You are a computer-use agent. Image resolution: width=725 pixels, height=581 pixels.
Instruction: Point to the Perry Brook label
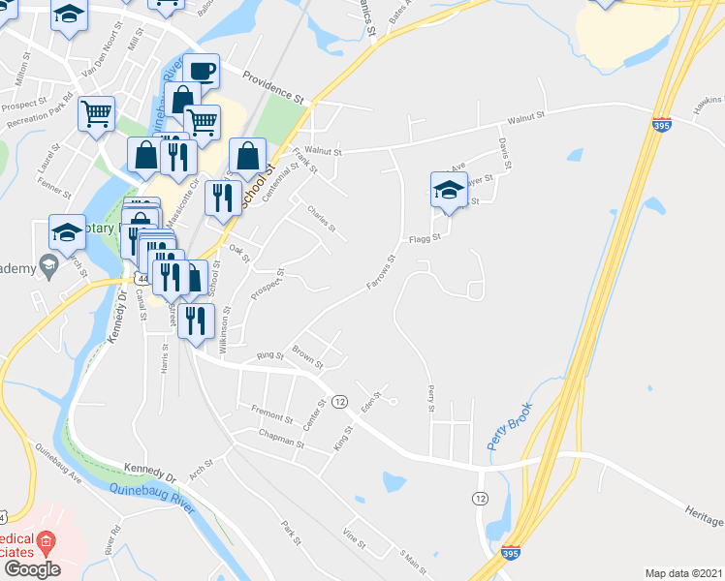(x=510, y=427)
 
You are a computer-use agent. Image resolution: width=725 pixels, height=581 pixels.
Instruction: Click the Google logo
(x=31, y=569)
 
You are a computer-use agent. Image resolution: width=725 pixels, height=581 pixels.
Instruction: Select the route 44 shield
(x=142, y=279)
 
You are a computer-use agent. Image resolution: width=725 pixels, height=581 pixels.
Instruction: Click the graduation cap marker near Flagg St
(x=448, y=190)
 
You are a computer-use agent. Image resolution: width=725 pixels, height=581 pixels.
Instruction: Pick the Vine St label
(x=354, y=537)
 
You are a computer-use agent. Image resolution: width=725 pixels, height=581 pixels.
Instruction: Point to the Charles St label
(x=321, y=219)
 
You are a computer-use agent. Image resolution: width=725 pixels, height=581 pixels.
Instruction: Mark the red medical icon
(x=45, y=540)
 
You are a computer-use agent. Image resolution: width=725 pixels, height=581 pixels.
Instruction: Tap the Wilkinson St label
(x=226, y=330)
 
